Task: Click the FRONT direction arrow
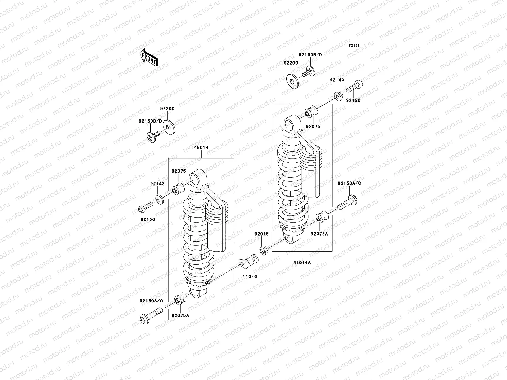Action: (x=149, y=57)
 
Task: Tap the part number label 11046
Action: (x=250, y=276)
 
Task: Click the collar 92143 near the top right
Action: (x=338, y=96)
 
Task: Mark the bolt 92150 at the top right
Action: (x=355, y=82)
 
